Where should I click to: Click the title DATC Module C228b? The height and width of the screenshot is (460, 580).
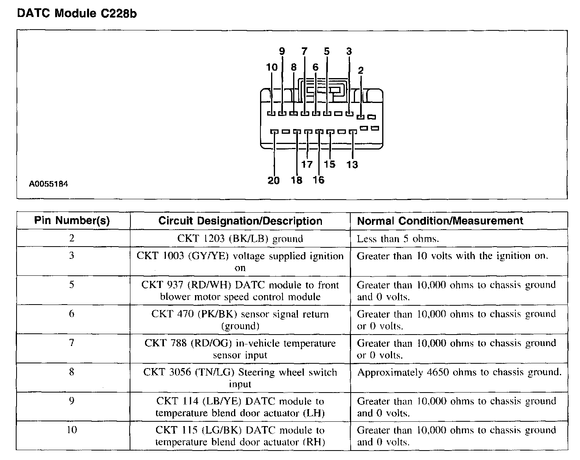click(x=77, y=13)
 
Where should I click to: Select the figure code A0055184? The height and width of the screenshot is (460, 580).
click(x=48, y=184)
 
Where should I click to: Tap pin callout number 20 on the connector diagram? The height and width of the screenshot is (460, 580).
click(x=273, y=181)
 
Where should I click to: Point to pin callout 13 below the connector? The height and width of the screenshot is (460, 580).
click(x=352, y=165)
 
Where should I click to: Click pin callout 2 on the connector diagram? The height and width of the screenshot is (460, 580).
click(x=361, y=70)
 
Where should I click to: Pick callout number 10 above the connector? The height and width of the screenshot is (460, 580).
click(x=272, y=67)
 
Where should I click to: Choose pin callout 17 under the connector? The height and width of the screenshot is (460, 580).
click(x=307, y=165)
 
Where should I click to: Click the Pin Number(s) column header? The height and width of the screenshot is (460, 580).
click(x=72, y=221)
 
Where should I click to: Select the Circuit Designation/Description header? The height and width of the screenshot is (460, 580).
click(x=240, y=221)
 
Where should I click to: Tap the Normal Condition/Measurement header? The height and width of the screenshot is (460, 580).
click(x=440, y=221)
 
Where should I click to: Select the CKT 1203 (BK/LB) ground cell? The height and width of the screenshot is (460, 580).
click(x=240, y=239)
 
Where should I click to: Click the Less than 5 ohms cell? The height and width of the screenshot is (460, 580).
click(x=398, y=239)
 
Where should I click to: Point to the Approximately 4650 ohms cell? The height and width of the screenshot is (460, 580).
click(x=459, y=372)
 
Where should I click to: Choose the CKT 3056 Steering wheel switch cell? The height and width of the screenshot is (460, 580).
click(x=240, y=378)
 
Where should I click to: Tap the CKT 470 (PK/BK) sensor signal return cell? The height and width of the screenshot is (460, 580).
click(x=240, y=320)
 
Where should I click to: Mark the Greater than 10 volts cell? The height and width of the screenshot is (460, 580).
click(x=452, y=256)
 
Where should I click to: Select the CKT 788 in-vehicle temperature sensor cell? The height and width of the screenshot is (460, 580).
click(x=240, y=349)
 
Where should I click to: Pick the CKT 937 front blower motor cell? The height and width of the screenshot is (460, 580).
click(x=240, y=291)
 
